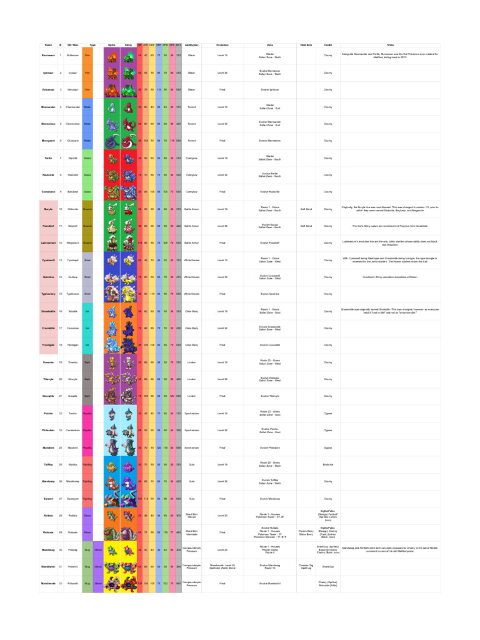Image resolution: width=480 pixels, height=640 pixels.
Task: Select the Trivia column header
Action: (391, 45)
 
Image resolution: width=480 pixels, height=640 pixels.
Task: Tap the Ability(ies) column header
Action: (192, 45)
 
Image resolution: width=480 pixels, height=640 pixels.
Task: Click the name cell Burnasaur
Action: (48, 56)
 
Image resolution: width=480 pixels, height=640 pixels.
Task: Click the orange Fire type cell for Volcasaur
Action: (87, 90)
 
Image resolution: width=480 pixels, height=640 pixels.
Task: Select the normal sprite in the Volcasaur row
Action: (112, 90)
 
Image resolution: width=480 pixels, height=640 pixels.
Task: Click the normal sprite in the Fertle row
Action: (112, 158)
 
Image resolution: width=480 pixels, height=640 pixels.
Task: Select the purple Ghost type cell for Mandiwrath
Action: (98, 583)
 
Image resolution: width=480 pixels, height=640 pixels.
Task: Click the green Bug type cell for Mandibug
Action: (87, 549)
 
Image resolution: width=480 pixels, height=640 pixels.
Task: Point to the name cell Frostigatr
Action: (48, 344)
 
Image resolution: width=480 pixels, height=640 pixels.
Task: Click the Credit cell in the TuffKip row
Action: (327, 464)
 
